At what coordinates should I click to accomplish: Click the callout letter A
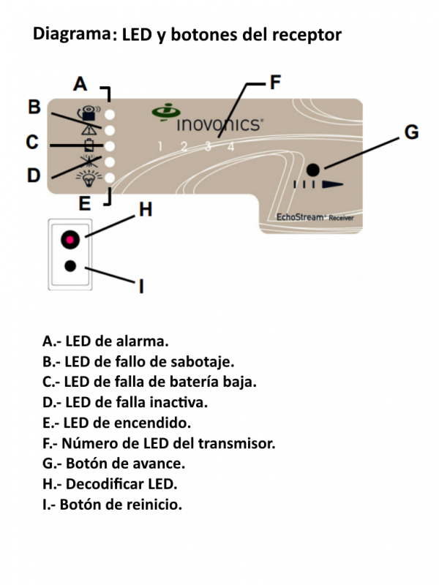click(x=80, y=84)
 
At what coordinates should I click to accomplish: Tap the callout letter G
click(x=412, y=132)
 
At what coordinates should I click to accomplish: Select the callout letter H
click(x=146, y=211)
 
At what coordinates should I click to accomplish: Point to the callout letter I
click(x=141, y=287)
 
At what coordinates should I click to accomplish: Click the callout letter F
click(x=274, y=82)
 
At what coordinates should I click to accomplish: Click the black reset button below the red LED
click(x=70, y=265)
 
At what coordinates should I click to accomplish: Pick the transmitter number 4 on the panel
click(x=230, y=146)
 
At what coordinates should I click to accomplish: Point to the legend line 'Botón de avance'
click(x=114, y=464)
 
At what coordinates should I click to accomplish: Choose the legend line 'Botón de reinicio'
click(x=112, y=505)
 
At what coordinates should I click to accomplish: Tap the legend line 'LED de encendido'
click(x=116, y=423)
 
